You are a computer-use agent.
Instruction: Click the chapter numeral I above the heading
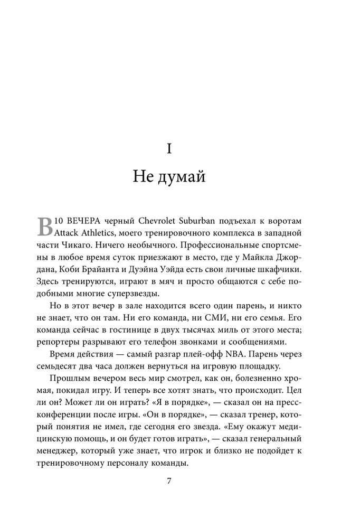pyautogui.click(x=169, y=149)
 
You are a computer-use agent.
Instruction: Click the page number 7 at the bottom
pyautogui.click(x=169, y=481)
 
